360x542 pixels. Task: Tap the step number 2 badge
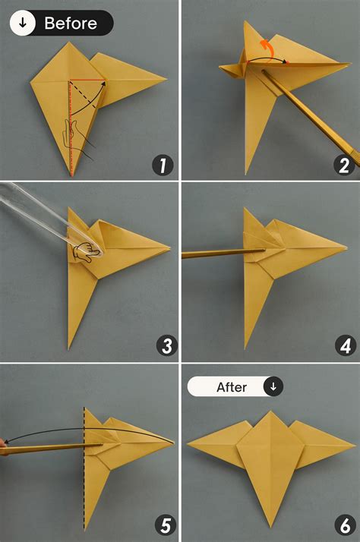(343, 165)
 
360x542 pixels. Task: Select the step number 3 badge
(166, 346)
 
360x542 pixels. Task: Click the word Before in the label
(71, 24)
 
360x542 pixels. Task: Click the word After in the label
(232, 387)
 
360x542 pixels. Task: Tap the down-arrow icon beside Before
(24, 24)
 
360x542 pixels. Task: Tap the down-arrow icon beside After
(273, 387)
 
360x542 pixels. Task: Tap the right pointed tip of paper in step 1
(166, 77)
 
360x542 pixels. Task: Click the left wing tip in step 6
(188, 443)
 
